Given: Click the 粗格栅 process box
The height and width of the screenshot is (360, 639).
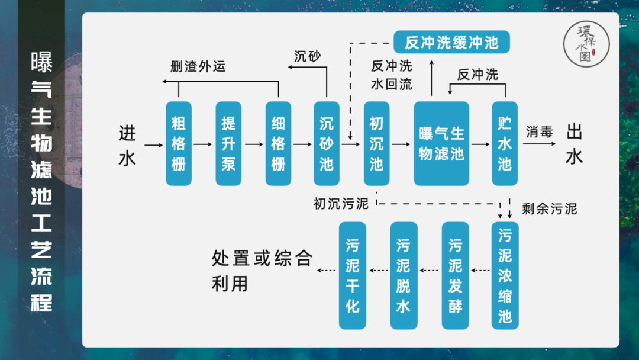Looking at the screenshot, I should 179,143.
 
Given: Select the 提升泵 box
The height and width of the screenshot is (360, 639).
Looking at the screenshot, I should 228,143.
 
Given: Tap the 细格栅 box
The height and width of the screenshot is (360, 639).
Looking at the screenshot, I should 278,143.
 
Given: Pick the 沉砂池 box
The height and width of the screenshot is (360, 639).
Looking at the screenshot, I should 327,143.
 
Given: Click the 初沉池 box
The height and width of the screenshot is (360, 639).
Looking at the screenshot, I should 376,143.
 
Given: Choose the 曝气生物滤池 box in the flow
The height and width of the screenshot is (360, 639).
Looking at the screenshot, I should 441,143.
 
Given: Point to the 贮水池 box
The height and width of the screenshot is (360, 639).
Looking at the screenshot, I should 504,143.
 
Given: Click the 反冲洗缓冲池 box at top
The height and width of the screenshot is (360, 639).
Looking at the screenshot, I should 451,43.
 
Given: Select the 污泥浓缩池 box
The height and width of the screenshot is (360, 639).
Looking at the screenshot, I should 504,275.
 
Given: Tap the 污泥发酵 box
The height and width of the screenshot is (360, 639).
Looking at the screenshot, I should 455,275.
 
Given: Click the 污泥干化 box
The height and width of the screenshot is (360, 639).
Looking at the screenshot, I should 353,275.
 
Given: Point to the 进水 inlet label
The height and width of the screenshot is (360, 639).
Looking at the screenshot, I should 127,145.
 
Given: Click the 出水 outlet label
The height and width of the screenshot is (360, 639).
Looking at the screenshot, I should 575,144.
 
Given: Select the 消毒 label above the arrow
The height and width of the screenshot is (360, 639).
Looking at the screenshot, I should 539,131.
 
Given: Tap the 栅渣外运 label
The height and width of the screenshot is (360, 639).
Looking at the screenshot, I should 198,66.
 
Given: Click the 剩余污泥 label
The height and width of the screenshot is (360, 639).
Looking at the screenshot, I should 550,208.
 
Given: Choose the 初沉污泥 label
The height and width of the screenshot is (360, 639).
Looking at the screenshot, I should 341,204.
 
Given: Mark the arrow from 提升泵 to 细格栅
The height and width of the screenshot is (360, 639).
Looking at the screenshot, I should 253,144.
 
